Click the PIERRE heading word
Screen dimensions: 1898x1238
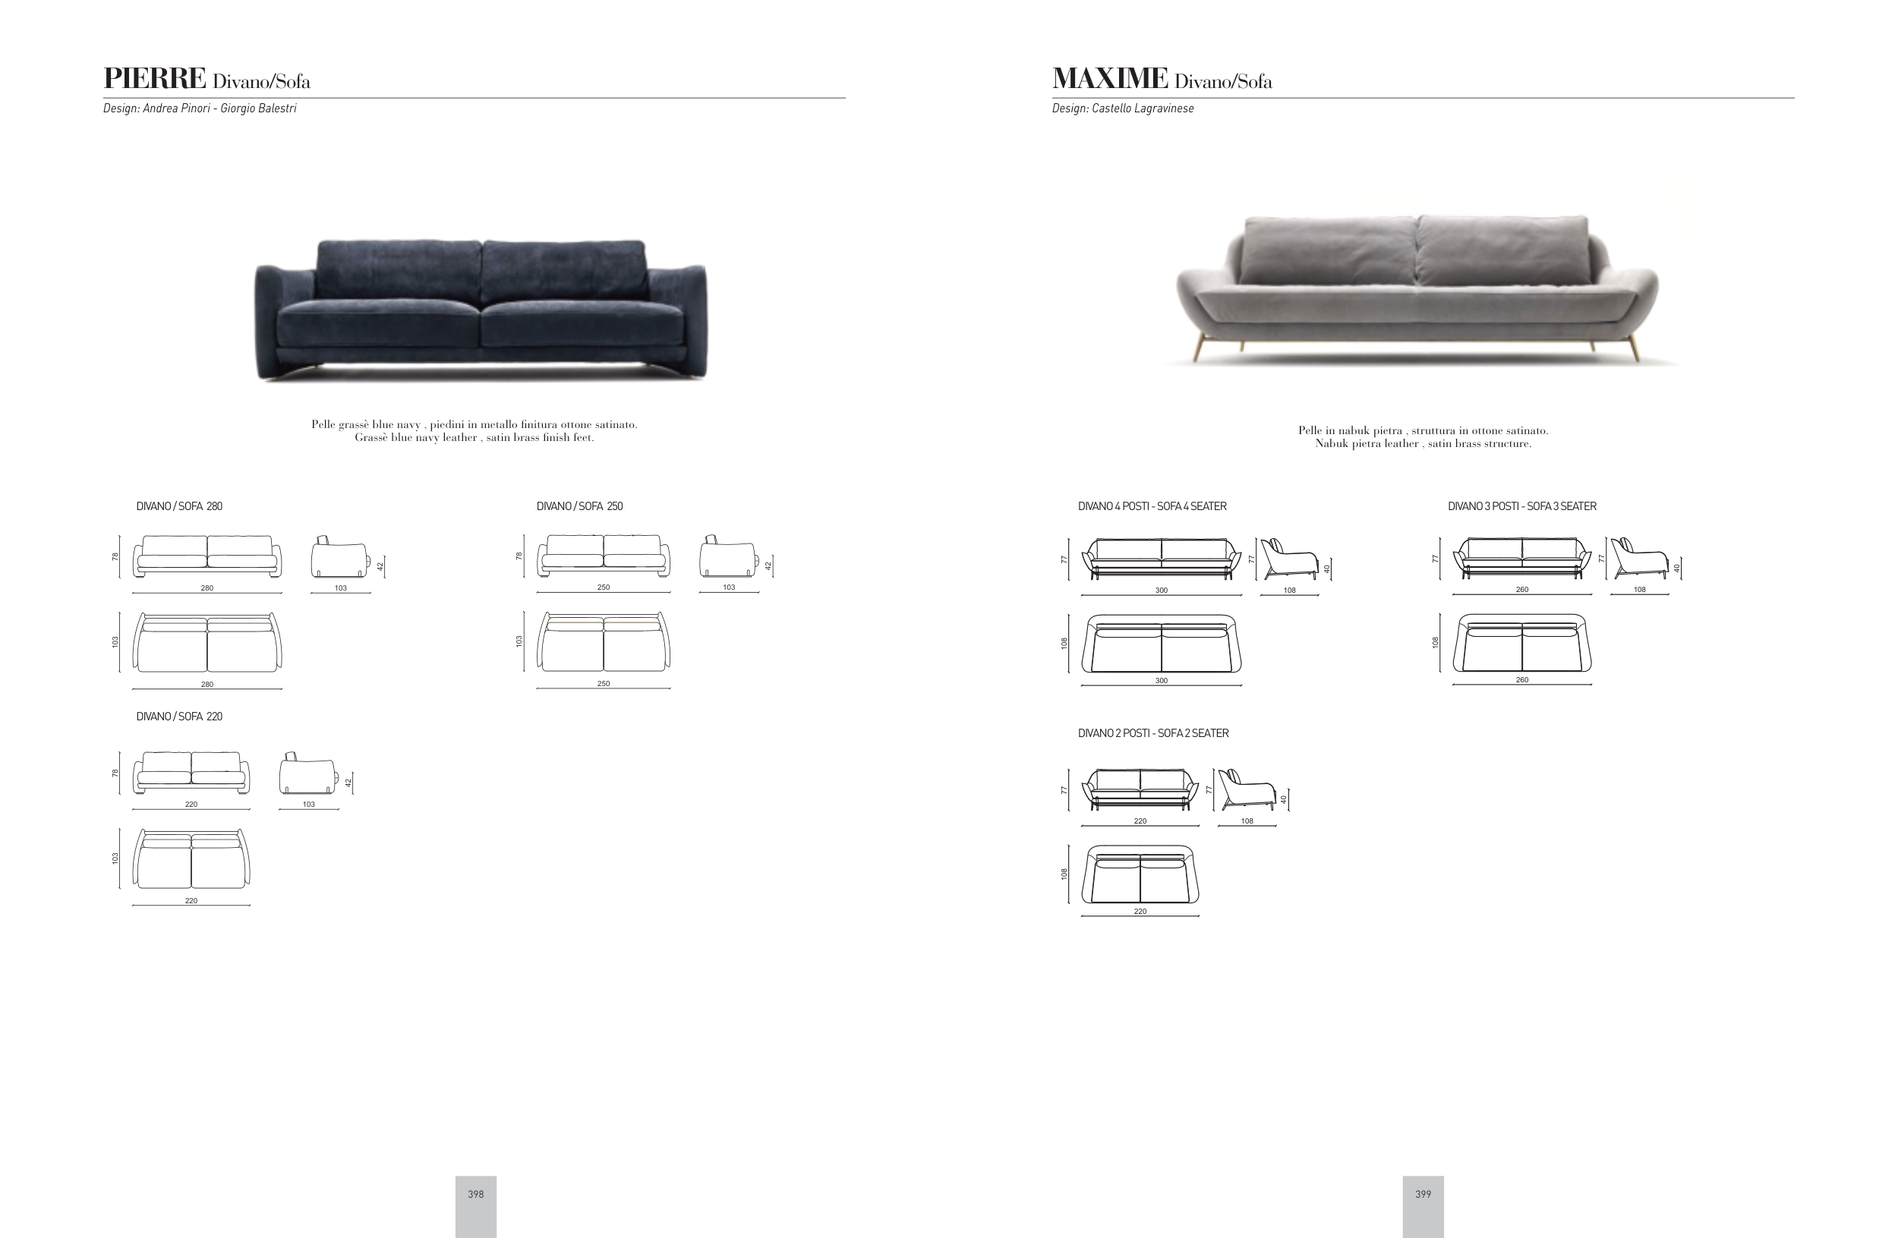[x=155, y=78]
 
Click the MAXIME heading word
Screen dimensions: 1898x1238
[x=1110, y=78]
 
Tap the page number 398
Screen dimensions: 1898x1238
[x=476, y=1194]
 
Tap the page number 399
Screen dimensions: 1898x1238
[x=1423, y=1194]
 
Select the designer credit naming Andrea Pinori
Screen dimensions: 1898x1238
[x=200, y=109]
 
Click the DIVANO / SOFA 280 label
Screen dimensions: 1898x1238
[x=179, y=506]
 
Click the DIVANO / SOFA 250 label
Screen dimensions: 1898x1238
[x=580, y=506]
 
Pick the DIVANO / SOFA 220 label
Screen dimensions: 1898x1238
[x=179, y=717]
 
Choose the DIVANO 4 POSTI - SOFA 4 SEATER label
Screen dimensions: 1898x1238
[x=1152, y=506]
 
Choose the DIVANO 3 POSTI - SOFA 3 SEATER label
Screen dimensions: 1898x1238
[x=1522, y=506]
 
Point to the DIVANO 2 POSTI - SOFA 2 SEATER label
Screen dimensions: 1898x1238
[x=1153, y=733]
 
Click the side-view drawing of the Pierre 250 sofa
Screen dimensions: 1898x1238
[x=728, y=556]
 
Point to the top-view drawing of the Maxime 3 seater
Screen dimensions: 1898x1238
[x=1522, y=642]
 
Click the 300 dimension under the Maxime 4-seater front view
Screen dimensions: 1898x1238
[x=1161, y=591]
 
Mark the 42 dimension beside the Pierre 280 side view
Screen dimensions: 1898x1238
[x=380, y=566]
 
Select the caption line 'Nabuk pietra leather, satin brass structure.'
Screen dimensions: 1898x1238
[x=1423, y=444]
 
